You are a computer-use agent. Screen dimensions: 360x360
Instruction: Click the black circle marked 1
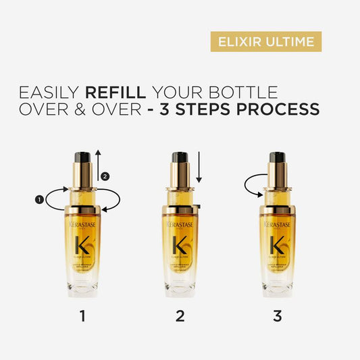click(38, 199)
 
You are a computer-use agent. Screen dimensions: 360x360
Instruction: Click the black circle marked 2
click(105, 176)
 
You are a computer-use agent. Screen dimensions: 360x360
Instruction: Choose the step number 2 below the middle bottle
click(180, 315)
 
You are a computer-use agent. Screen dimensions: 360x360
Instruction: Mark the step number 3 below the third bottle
click(278, 315)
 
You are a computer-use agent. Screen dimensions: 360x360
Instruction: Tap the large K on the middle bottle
click(180, 244)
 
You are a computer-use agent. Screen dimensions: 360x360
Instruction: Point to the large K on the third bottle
click(278, 244)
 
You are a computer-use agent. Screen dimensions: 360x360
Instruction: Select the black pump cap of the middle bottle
click(180, 157)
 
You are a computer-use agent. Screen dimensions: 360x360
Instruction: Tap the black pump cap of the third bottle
click(278, 157)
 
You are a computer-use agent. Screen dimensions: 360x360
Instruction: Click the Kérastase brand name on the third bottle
click(278, 224)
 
